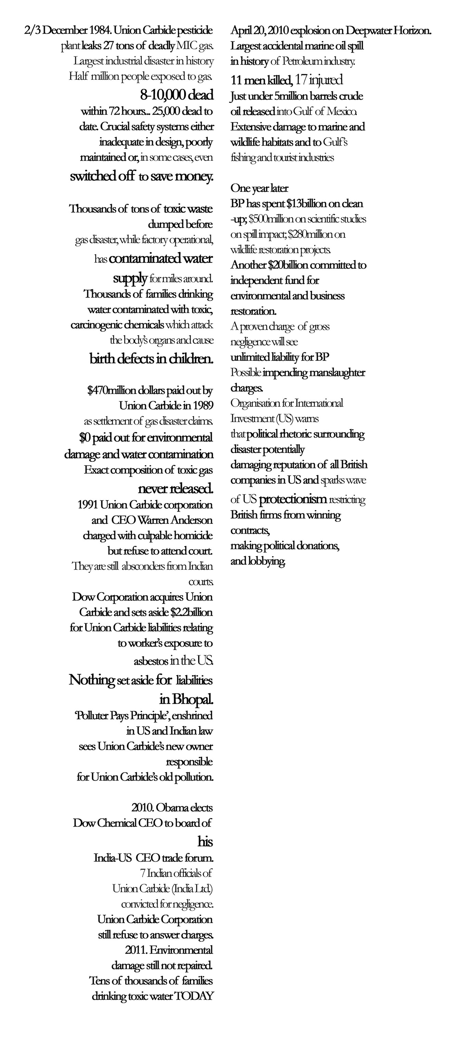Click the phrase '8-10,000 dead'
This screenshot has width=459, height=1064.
pyautogui.click(x=177, y=95)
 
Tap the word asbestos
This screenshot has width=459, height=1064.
pyautogui.click(x=151, y=661)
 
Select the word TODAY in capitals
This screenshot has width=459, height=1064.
pyautogui.click(x=194, y=996)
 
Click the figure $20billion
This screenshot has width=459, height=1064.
pyautogui.click(x=289, y=265)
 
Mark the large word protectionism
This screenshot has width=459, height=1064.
pyautogui.click(x=293, y=499)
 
